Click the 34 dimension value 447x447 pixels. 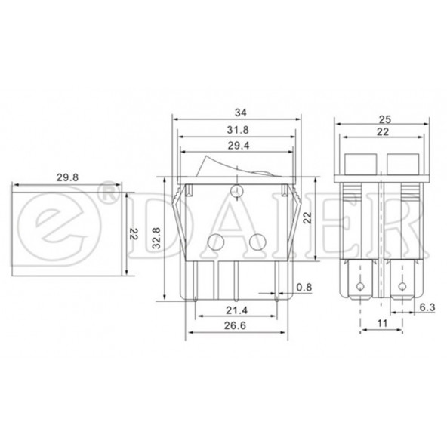(x=240, y=113)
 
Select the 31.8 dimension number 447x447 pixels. (x=238, y=130)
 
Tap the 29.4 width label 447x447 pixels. (x=239, y=146)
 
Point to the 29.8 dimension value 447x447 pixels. (x=67, y=177)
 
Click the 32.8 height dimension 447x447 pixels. (x=156, y=238)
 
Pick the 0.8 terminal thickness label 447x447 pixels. (x=304, y=288)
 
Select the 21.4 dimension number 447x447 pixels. (x=237, y=310)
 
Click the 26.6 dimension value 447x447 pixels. (x=235, y=325)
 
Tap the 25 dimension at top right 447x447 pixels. (x=384, y=119)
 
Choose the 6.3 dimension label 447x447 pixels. (x=427, y=307)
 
